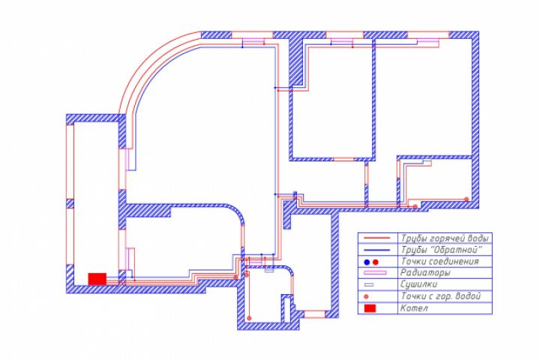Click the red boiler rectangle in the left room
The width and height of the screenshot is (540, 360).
point(97,279)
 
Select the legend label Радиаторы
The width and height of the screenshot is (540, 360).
point(425,273)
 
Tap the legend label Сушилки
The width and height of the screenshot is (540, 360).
point(418,284)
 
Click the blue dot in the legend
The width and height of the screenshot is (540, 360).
point(367,262)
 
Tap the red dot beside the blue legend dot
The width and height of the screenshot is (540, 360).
point(376,262)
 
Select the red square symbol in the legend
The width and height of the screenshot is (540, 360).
point(370,308)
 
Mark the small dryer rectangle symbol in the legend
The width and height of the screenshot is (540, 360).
point(369,285)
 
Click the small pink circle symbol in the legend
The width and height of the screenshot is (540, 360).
point(366,296)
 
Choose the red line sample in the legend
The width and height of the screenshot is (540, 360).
point(377,238)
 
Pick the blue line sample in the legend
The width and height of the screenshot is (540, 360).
point(377,250)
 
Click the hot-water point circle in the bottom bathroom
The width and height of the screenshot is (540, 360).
point(249,318)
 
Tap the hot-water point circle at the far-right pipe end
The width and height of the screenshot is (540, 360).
point(466,199)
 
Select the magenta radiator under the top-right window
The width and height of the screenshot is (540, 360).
point(428,41)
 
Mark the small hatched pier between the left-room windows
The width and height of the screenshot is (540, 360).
point(70,203)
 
